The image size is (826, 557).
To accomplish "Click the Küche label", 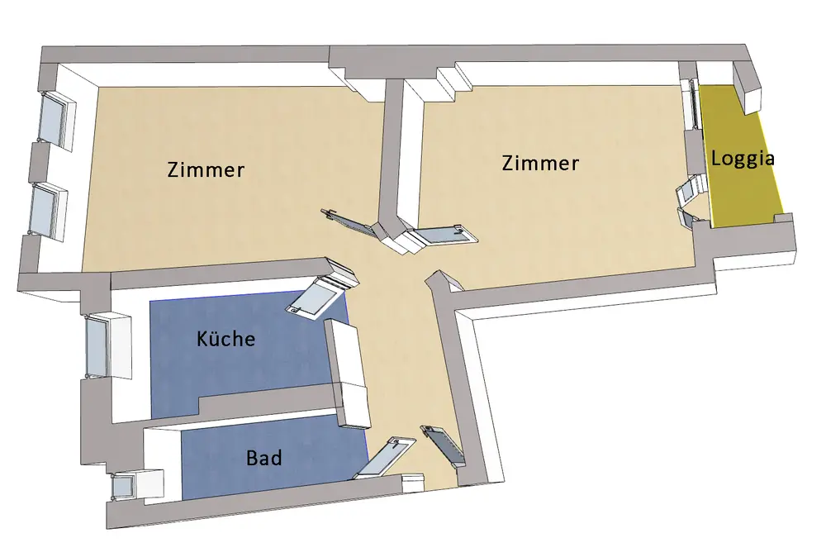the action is point(226,338).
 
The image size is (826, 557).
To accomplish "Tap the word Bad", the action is point(263,457).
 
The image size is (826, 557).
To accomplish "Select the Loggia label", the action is point(743,159).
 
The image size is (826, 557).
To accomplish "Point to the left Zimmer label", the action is point(206,170).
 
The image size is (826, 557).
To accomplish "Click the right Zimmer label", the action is point(540,163).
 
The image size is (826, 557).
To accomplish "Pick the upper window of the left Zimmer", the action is point(56,119).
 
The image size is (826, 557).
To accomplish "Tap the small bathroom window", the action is point(123,486).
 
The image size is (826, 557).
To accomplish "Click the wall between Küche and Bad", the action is point(264,403).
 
